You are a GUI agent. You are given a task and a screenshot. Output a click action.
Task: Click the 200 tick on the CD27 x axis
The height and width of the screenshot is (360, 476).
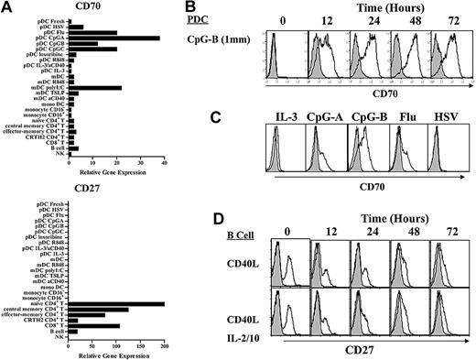(x=164, y=345)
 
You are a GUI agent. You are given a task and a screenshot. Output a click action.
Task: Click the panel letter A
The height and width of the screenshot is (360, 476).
(x=8, y=8)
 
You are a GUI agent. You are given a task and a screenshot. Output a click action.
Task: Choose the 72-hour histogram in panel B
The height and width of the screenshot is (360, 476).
(x=449, y=57)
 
